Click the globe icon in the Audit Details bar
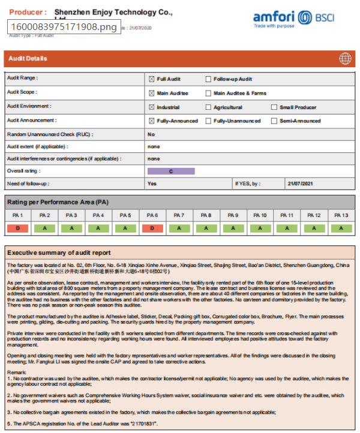coord(345,58)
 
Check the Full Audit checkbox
coord(152,79)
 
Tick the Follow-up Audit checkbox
coord(208,79)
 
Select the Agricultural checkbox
coord(208,107)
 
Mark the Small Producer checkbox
coord(274,107)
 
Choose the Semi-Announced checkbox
coord(274,121)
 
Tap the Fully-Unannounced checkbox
coord(208,121)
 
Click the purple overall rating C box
coord(171,171)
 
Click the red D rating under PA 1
coord(17,228)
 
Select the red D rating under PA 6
coord(152,228)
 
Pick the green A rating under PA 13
coord(341,228)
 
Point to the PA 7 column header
coord(179,215)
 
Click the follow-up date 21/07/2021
coord(300,184)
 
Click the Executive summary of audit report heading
coord(59,252)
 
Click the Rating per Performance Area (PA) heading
coord(58,202)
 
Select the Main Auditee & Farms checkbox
coord(208,94)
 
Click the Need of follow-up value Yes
coord(152,184)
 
